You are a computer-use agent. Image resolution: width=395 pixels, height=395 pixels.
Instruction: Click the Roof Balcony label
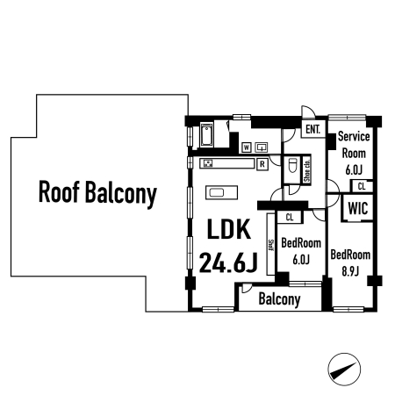(97, 193)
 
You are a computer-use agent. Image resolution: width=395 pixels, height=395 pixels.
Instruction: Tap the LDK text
(229, 229)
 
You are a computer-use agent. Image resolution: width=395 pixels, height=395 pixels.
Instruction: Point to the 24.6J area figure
(228, 262)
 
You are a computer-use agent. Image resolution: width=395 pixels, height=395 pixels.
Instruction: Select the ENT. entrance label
(313, 129)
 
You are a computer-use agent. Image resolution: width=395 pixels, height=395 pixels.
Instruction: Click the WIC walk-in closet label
(358, 208)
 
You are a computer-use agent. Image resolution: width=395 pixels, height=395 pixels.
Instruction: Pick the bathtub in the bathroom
(206, 135)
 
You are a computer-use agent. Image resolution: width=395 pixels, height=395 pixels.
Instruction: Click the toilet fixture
(293, 167)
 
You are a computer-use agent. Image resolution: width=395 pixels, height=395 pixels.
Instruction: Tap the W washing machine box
(247, 147)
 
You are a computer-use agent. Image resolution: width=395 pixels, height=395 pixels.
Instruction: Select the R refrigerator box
(262, 164)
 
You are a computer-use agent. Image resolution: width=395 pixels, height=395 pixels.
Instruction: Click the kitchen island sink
(217, 192)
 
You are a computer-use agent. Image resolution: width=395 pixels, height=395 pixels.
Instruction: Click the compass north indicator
(344, 370)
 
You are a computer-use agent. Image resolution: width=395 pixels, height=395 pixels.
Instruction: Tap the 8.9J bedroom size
(350, 271)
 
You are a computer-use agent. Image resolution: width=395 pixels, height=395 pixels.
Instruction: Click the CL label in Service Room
(362, 186)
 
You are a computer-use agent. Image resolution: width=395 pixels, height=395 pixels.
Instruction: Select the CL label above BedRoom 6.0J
(290, 217)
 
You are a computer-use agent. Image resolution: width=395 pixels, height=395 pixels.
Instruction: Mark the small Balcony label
(280, 299)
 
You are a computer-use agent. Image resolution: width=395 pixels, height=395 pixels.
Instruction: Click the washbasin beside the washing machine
(262, 147)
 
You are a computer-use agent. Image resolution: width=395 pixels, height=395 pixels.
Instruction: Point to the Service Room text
(354, 145)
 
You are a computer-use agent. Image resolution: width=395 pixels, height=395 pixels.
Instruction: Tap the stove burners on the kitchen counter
(208, 163)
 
